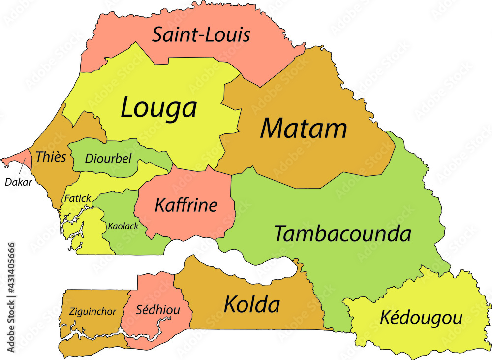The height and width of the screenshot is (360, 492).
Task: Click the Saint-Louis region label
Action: (201, 35)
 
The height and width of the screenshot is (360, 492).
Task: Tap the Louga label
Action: (158, 107)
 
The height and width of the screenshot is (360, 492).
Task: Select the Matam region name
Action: (304, 128)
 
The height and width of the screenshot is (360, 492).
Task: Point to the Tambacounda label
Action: (342, 234)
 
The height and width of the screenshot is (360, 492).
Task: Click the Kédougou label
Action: (421, 318)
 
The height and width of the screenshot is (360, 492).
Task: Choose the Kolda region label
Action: (252, 304)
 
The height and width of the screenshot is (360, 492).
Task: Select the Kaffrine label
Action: (185, 205)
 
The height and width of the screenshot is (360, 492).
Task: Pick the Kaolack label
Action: (123, 226)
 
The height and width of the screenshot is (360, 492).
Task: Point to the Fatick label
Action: (77, 198)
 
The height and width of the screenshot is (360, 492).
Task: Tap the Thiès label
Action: (51, 157)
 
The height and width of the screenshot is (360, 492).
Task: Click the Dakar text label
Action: (18, 182)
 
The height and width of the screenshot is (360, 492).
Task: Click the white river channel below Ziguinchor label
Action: (93, 334)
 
